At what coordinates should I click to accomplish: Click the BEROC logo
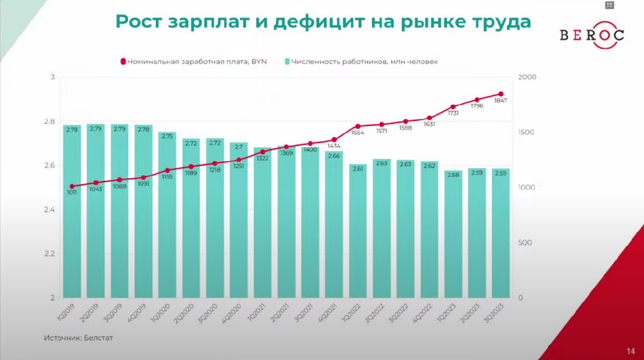click(x=591, y=35)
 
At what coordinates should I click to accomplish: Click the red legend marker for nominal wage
click(x=122, y=62)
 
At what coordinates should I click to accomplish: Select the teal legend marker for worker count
click(x=287, y=62)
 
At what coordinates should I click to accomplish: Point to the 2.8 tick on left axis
click(x=49, y=122)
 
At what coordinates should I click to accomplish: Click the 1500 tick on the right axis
click(x=527, y=133)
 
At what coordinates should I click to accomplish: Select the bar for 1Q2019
click(x=72, y=213)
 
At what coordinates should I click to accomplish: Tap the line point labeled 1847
click(x=500, y=94)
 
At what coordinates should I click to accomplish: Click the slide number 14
click(x=630, y=350)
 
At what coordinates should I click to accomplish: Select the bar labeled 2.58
click(x=453, y=235)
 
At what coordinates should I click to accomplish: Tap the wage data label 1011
click(x=73, y=193)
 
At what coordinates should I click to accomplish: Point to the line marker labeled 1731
click(x=453, y=107)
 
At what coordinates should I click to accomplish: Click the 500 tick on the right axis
click(x=526, y=243)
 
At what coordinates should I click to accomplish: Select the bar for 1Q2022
click(x=359, y=232)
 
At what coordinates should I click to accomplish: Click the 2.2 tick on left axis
click(x=49, y=254)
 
